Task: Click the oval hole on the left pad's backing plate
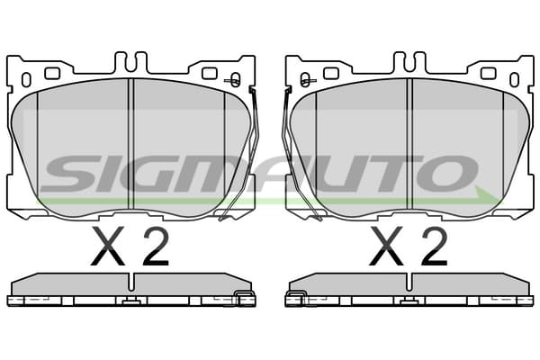point(26,79)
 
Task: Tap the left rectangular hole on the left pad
point(52,73)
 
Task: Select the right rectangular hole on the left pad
point(209,74)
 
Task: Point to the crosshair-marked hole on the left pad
point(235,80)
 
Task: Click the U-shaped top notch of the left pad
point(130,62)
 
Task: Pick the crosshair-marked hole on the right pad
point(305,80)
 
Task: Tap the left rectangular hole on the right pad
point(331,74)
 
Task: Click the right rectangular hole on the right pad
point(488,74)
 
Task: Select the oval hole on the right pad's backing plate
point(514,80)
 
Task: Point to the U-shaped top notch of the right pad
point(409,62)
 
